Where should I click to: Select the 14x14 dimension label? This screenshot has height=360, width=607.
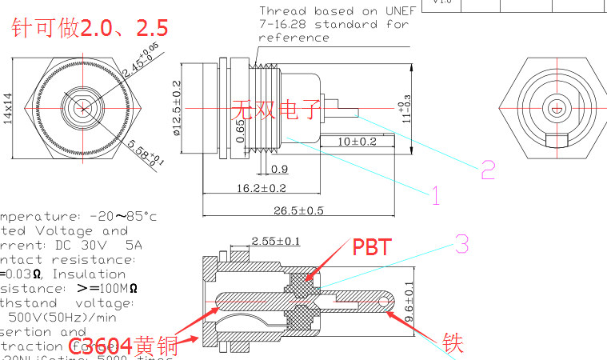pyautogui.click(x=8, y=106)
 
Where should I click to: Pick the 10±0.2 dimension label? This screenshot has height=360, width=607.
pyautogui.click(x=357, y=142)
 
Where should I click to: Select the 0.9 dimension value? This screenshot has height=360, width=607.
pyautogui.click(x=280, y=169)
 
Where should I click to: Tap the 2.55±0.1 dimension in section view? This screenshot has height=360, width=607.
pyautogui.click(x=276, y=241)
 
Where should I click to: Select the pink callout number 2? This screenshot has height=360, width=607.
pyautogui.click(x=488, y=169)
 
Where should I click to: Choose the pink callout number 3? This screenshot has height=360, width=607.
pyautogui.click(x=462, y=244)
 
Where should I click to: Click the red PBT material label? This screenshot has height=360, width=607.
pyautogui.click(x=373, y=247)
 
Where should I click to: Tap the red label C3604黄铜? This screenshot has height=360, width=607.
pyautogui.click(x=132, y=346)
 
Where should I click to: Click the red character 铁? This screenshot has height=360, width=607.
pyautogui.click(x=453, y=343)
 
